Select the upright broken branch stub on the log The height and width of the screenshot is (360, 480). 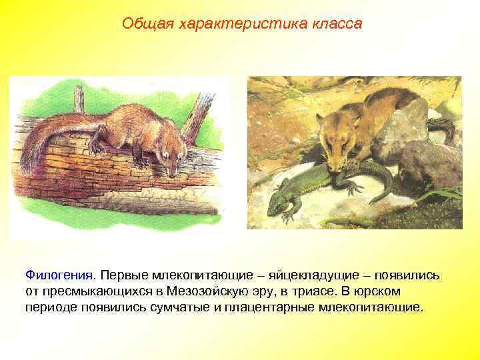[79, 100]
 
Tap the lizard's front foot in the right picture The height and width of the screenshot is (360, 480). [288, 215]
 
